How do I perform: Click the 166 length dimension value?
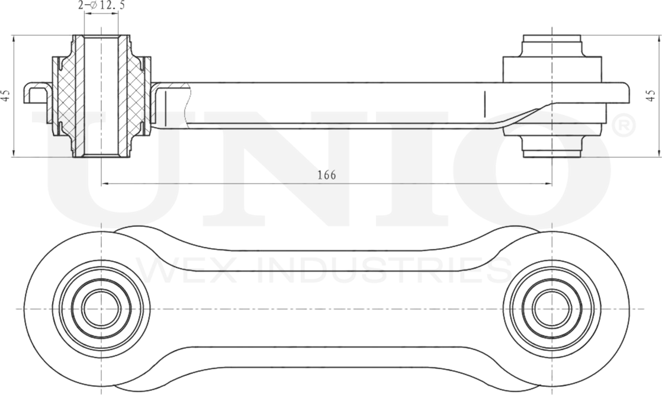coord(326,175)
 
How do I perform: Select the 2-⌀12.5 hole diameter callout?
coord(101,6)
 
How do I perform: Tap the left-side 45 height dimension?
coord(5,97)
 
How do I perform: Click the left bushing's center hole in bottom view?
coord(101,308)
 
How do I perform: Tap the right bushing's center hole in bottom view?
coord(551,308)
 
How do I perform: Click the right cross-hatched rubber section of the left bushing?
coord(136,98)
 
